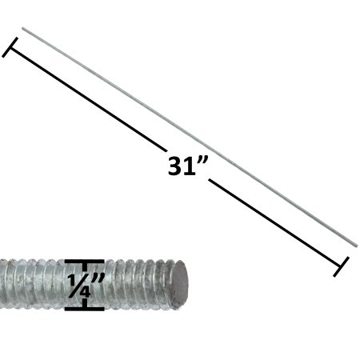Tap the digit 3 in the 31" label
(x=177, y=167)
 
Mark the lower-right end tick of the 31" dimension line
(x=342, y=266)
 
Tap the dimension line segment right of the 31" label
(x=276, y=223)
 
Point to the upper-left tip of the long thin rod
(x=23, y=30)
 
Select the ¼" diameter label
(x=84, y=285)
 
